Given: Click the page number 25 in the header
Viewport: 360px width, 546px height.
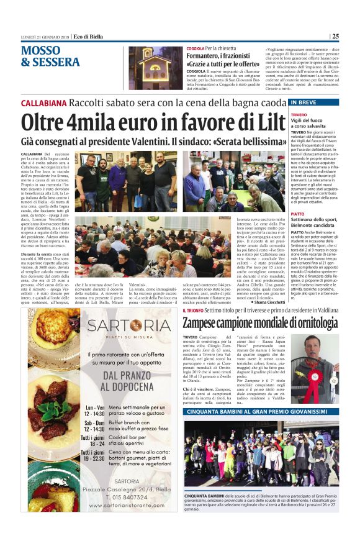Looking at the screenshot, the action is pyautogui.click(x=335, y=36).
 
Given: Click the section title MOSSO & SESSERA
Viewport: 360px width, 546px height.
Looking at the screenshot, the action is pyautogui.click(x=50, y=56).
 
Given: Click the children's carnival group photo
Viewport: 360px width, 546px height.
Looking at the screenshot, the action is pyautogui.click(x=261, y=453).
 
